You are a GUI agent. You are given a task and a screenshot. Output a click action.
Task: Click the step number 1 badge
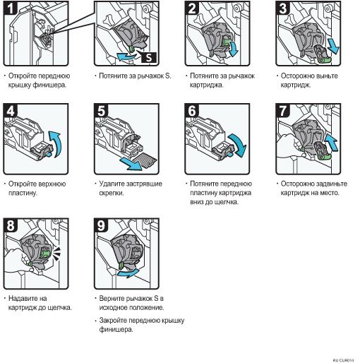point(11,8)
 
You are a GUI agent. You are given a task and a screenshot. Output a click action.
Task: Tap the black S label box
point(149,57)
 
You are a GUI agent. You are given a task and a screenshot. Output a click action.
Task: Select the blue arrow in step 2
point(234,49)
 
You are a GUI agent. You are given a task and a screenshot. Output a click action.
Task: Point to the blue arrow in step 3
point(333,47)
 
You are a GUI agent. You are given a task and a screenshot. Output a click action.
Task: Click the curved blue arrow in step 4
point(58,143)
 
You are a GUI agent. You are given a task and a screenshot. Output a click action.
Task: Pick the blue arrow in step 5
point(130,164)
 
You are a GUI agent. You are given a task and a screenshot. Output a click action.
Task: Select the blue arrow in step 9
point(128,273)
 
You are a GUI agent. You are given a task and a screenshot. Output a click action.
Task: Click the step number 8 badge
point(11,225)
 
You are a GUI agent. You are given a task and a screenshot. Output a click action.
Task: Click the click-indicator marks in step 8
point(56,254)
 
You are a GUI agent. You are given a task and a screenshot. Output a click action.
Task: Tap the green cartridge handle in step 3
point(325,60)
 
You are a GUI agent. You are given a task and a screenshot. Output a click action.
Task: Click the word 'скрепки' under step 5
point(112,194)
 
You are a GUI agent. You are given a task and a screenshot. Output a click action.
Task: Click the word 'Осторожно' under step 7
point(297,184)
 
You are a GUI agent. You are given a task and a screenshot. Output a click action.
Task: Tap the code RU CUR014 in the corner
point(343,360)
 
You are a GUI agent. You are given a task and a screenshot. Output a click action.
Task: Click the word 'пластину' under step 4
point(23,194)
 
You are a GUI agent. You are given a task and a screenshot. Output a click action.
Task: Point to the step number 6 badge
point(192,111)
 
